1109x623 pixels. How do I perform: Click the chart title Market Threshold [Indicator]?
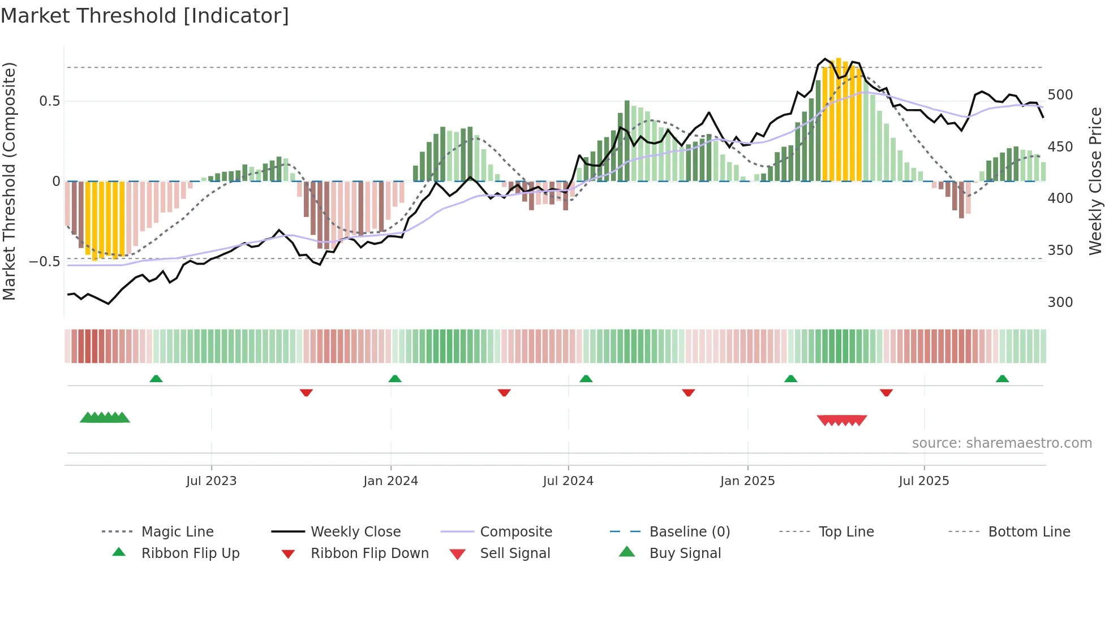pyautogui.click(x=145, y=16)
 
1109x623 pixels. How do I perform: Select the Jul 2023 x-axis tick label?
pyautogui.click(x=211, y=481)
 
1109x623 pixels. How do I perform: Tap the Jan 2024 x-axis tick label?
pyautogui.click(x=390, y=481)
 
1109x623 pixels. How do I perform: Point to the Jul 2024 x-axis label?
pyautogui.click(x=568, y=481)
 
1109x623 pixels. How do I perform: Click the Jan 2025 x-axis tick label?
pyautogui.click(x=747, y=481)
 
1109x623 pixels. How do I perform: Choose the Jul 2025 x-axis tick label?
pyautogui.click(x=924, y=481)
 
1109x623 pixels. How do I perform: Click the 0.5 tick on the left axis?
pyautogui.click(x=49, y=101)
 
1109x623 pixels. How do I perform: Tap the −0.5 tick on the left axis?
pyautogui.click(x=44, y=262)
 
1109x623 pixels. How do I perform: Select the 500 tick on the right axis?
pyautogui.click(x=1060, y=95)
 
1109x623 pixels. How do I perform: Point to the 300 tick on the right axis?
pyautogui.click(x=1060, y=302)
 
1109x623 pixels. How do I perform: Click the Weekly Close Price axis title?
pyautogui.click(x=1095, y=181)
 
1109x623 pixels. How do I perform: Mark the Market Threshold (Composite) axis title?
pyautogui.click(x=9, y=181)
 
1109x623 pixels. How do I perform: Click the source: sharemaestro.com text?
pyautogui.click(x=1001, y=443)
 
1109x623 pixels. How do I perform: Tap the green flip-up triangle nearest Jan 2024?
pyautogui.click(x=395, y=379)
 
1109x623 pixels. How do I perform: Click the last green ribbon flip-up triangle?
pyautogui.click(x=1002, y=379)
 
